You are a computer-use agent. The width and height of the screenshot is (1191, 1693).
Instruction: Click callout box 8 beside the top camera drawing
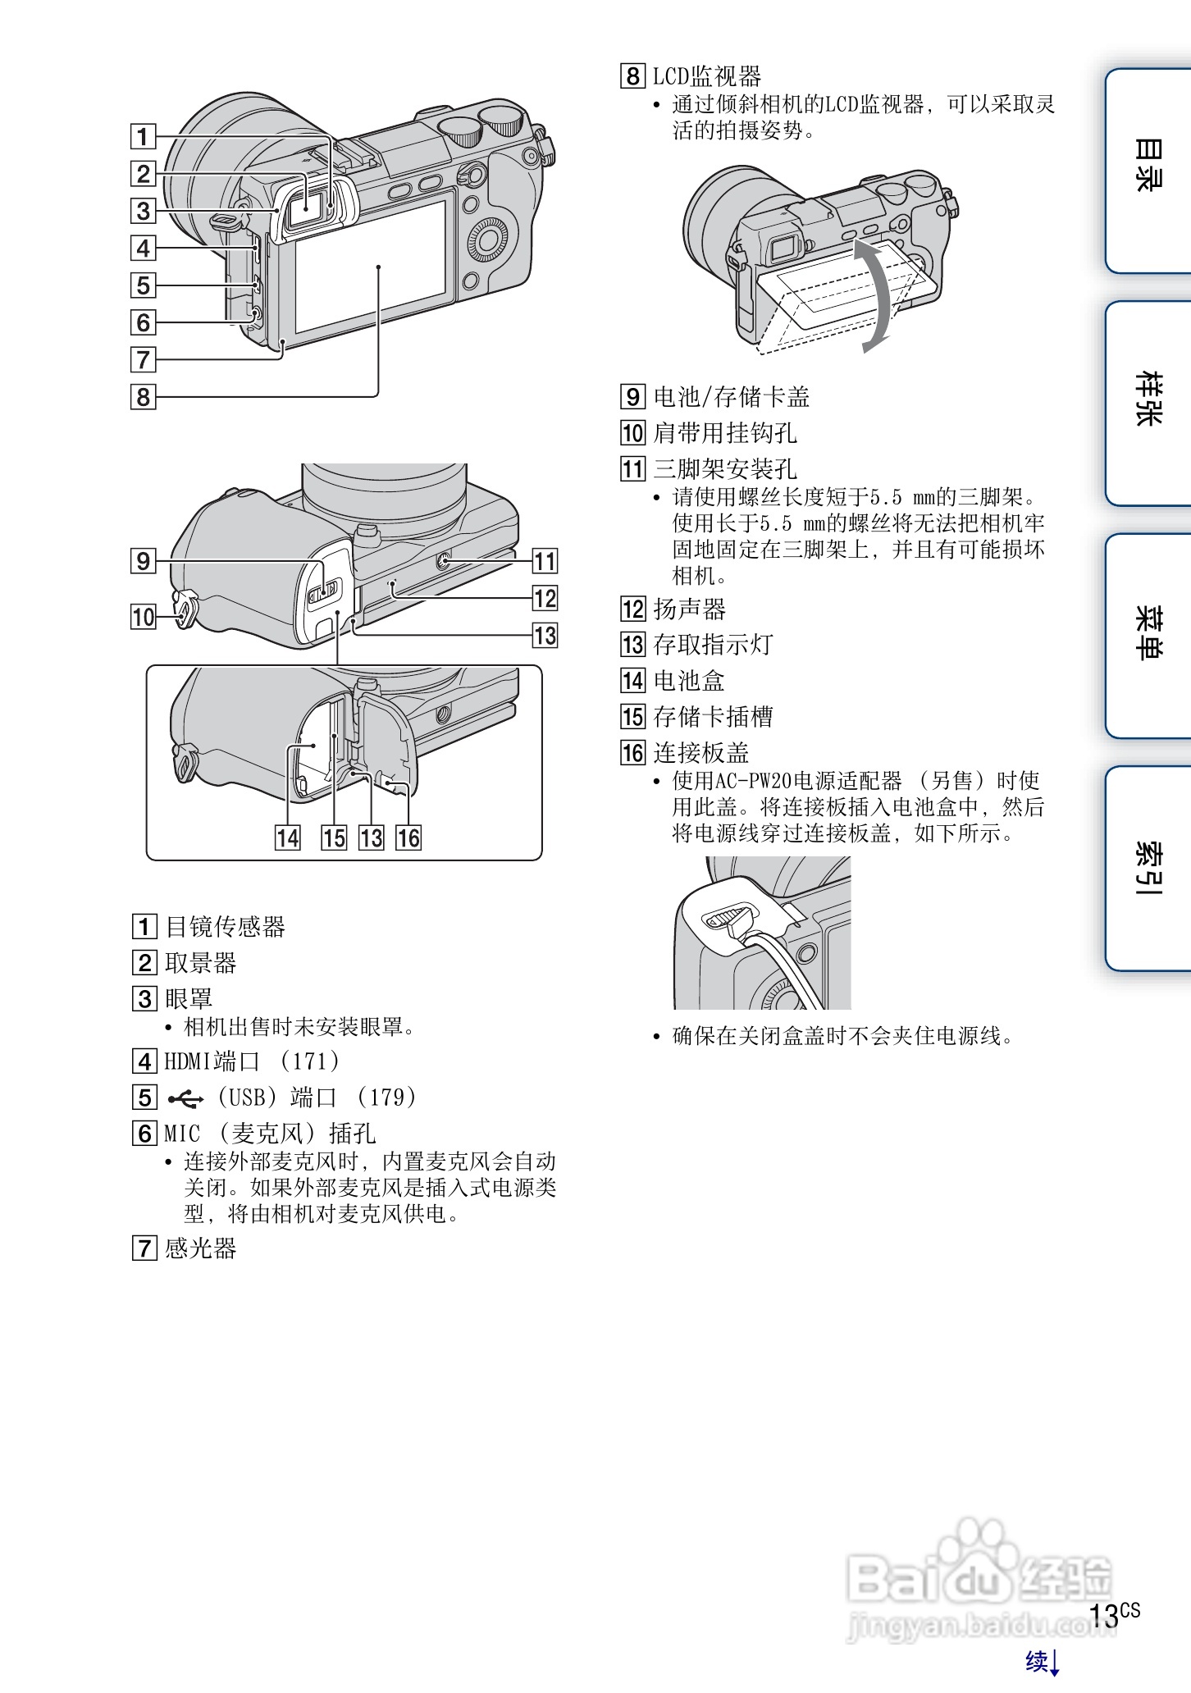pos(144,397)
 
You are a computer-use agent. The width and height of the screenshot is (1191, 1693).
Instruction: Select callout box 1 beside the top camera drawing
pos(144,136)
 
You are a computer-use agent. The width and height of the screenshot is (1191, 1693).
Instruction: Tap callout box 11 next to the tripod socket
pos(545,561)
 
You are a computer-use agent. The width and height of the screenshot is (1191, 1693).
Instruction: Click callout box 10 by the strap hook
pos(144,616)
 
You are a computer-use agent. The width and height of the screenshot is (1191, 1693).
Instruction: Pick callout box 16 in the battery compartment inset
pos(408,837)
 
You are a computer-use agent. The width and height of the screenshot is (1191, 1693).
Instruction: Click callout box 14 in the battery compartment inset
pos(287,837)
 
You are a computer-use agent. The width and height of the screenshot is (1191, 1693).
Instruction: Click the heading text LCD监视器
pos(706,76)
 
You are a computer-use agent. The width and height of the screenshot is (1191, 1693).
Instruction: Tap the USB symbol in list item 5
pos(185,1097)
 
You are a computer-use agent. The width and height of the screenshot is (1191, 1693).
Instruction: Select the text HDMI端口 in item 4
pos(212,1061)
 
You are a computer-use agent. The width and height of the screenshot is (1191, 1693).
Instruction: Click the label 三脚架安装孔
pos(724,469)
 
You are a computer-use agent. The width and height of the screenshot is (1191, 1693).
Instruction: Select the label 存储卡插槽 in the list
pos(712,716)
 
